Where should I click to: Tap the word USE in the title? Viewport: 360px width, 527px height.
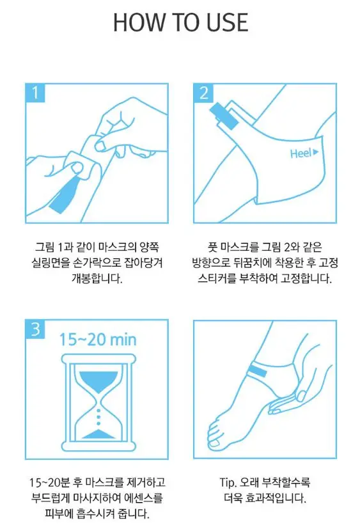point(224,22)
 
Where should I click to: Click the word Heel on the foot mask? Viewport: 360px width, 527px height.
point(300,153)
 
